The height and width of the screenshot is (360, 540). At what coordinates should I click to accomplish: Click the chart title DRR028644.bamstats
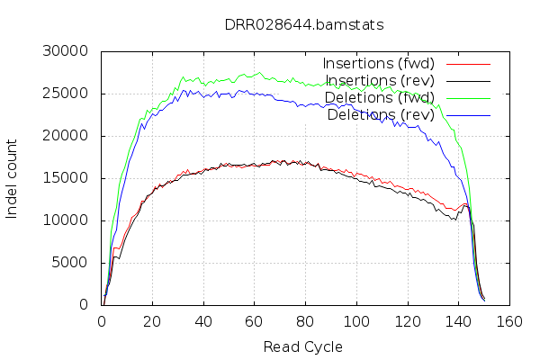(x=304, y=24)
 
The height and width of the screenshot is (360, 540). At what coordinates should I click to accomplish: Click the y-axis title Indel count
(x=12, y=178)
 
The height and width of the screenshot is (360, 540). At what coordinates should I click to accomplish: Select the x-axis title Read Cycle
(x=303, y=346)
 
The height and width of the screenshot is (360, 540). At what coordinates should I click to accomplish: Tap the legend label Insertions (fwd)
(x=379, y=63)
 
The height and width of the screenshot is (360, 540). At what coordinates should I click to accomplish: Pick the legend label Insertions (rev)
(x=381, y=80)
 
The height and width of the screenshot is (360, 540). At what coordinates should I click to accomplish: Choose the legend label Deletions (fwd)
(x=381, y=97)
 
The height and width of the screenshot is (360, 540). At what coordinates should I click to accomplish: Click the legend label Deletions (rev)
(x=381, y=114)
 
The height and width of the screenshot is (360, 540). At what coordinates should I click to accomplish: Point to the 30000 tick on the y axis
(x=66, y=51)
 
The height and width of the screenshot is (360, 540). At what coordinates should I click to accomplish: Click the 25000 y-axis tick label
(x=66, y=94)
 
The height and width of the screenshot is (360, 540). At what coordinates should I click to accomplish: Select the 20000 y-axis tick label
(x=66, y=136)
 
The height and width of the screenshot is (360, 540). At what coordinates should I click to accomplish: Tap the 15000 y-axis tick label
(x=66, y=178)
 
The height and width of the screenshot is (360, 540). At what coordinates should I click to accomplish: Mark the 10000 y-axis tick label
(x=66, y=220)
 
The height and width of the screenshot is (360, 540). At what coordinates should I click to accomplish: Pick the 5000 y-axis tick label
(x=69, y=263)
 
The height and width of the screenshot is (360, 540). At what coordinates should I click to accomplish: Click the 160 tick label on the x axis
(x=510, y=321)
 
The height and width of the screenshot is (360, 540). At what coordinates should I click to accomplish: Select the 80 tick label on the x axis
(x=306, y=321)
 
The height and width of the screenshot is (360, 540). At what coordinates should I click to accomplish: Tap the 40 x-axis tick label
(x=203, y=321)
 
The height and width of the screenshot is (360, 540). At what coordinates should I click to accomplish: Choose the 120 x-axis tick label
(x=408, y=321)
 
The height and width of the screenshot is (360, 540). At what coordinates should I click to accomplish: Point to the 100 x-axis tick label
(x=357, y=321)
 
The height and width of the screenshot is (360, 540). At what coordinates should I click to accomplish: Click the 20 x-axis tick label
(x=152, y=321)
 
